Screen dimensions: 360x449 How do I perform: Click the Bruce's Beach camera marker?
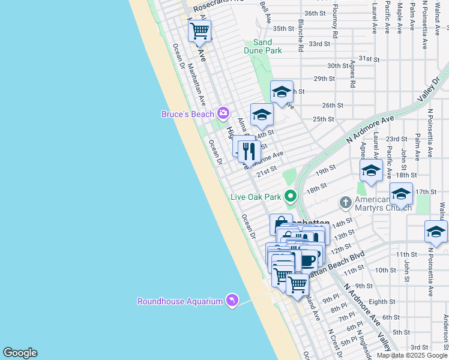click(223, 113)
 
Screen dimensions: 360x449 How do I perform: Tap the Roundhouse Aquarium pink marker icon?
click(232, 300)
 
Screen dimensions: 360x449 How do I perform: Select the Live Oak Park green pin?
click(291, 196)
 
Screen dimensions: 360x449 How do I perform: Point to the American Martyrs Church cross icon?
click(345, 202)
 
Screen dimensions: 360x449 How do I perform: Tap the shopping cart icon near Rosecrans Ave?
click(199, 30)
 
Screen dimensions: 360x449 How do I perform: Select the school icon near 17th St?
click(401, 193)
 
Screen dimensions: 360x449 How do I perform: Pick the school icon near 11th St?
click(436, 231)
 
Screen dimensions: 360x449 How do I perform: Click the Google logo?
click(20, 353)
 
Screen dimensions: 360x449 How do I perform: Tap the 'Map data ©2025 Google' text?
click(412, 355)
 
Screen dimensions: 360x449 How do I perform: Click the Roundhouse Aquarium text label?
click(180, 301)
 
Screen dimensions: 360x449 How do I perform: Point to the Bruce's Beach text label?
click(188, 114)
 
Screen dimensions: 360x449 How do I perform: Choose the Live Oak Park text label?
click(256, 197)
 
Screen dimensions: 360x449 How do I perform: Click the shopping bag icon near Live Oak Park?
click(280, 224)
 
